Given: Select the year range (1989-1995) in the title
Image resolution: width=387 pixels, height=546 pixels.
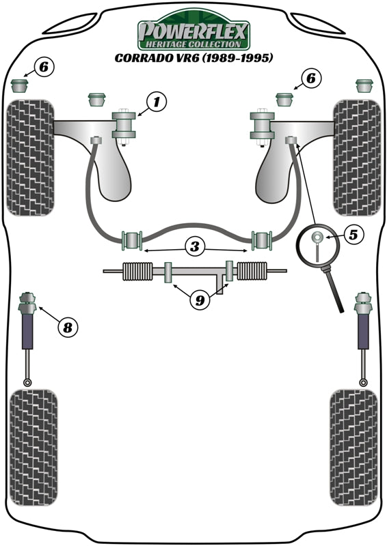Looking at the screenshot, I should (x=235, y=58).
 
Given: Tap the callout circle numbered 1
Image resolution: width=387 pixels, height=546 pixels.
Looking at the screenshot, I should (x=156, y=102).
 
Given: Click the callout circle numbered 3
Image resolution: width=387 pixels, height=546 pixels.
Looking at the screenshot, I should (x=195, y=248).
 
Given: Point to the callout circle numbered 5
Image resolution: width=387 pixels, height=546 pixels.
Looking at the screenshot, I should (x=353, y=235).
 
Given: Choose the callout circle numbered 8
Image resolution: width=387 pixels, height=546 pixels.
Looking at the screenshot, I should (x=67, y=328).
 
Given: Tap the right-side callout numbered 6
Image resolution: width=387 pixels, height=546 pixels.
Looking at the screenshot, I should (x=310, y=79).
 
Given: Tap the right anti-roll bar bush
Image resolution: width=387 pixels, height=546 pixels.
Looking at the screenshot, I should (x=262, y=240).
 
